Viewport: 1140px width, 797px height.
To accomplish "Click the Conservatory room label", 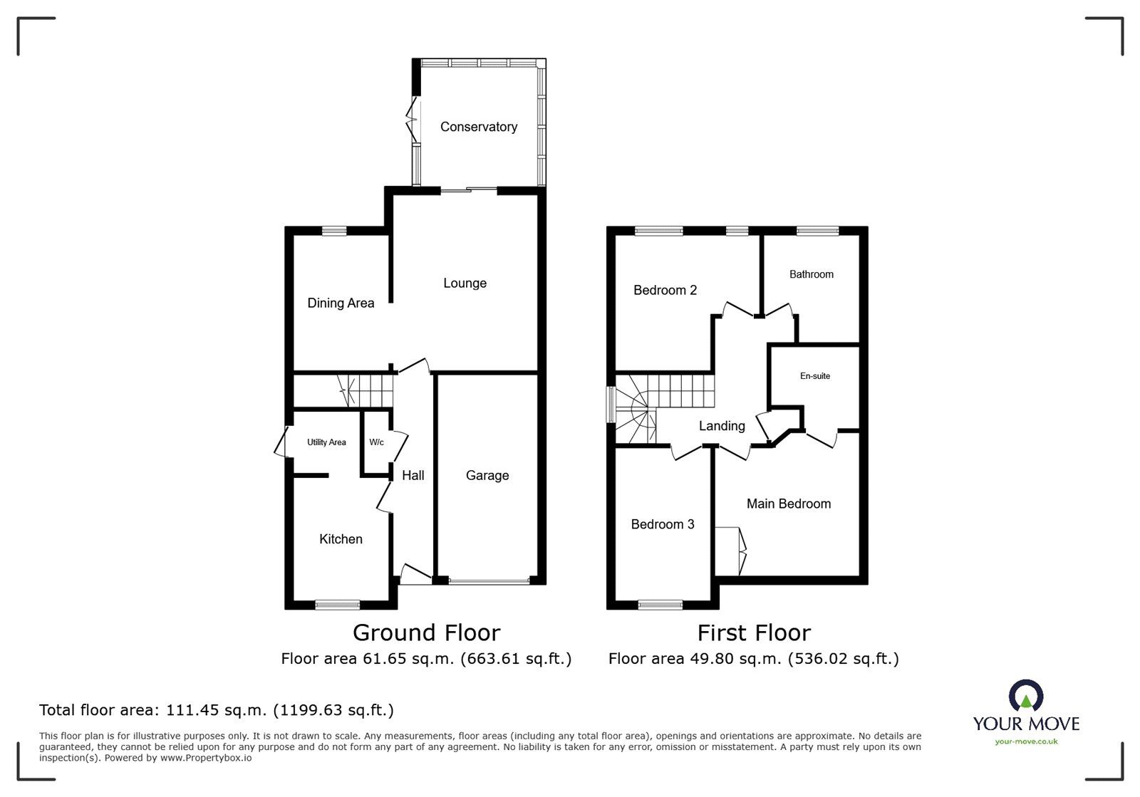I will [x=478, y=127].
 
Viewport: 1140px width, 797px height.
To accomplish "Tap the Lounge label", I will [x=465, y=283].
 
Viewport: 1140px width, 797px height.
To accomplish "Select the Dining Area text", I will [x=341, y=303].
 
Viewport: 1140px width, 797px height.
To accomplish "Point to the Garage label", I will [x=487, y=476].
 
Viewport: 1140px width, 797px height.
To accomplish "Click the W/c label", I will [x=376, y=442].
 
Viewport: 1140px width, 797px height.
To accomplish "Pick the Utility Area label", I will [x=326, y=442].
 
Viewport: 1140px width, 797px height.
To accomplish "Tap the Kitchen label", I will [x=341, y=539].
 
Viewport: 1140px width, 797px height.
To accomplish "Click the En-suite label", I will [x=814, y=376].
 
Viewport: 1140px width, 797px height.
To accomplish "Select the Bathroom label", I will [x=811, y=274].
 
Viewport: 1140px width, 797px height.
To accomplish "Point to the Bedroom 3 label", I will [x=662, y=525].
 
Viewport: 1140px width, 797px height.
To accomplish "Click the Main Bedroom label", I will [x=788, y=504].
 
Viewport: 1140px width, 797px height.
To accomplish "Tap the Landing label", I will [x=721, y=426].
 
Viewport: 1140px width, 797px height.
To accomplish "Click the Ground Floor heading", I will [x=426, y=632].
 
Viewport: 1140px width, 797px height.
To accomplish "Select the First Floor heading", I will [x=753, y=632].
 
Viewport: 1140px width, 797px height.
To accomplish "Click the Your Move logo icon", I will [x=1026, y=696].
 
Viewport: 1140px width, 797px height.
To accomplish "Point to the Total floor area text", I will [x=216, y=710].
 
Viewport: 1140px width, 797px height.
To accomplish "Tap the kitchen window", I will [x=337, y=605].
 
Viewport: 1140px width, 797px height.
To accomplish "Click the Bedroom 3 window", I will [x=660, y=605].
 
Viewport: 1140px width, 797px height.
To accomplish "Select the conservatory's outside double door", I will [x=412, y=120].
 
